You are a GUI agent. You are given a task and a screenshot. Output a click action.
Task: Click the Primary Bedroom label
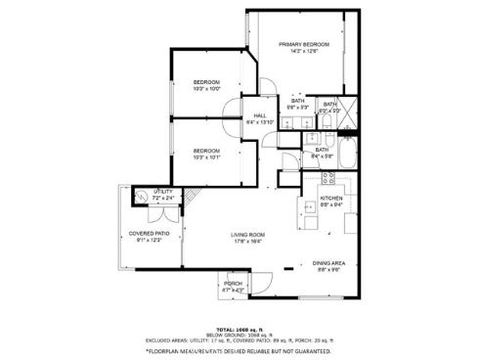tap(303, 44)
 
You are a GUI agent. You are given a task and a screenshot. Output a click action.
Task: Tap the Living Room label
tap(248, 235)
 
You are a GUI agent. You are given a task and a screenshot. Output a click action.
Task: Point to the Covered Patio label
tap(150, 233)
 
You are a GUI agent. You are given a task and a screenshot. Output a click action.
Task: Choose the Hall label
tap(260, 115)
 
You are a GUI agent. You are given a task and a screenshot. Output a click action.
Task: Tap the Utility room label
tap(163, 192)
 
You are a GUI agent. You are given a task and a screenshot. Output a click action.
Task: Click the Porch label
tap(233, 284)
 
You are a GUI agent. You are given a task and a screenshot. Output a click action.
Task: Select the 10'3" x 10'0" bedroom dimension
tap(206, 89)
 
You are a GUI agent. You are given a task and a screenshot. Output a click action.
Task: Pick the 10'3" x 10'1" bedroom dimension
tap(206, 157)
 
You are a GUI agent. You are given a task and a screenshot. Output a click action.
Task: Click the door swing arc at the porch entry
tap(257, 286)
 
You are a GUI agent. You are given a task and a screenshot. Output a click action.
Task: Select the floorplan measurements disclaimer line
tap(239, 350)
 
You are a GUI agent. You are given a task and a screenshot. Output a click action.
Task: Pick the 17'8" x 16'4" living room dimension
tap(248, 243)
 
